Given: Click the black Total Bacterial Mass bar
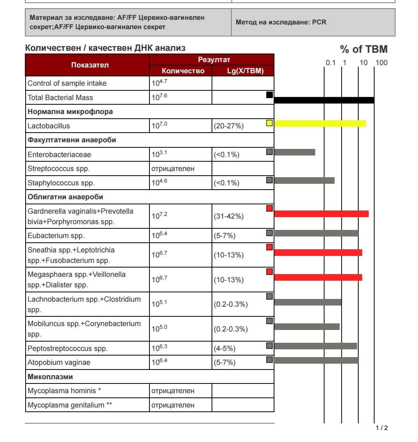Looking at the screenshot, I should tap(324, 100).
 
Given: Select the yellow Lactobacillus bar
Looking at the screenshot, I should tap(320, 123).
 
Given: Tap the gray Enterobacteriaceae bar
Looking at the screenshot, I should tap(295, 152).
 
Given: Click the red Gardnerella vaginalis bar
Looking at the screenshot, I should tap(321, 214).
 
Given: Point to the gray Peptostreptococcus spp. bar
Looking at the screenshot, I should tap(316, 346).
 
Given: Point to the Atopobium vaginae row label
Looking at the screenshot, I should tap(58, 363).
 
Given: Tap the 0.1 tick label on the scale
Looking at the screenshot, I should tap(330, 63).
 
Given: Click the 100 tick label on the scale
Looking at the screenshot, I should tap(382, 63).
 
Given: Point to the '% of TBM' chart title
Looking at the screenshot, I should tap(364, 49).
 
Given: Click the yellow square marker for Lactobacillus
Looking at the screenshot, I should tap(269, 123).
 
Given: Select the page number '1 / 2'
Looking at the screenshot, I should tap(382, 428).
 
